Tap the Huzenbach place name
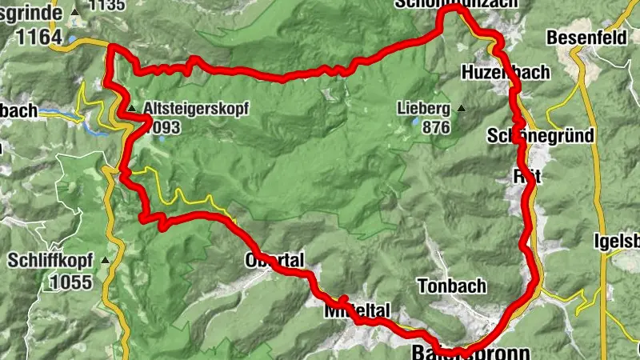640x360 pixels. tap(506, 73)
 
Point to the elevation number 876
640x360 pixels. tap(431, 126)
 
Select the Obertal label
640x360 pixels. tap(274, 261)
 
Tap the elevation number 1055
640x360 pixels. tap(70, 282)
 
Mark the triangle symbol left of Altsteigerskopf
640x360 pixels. tap(131, 106)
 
